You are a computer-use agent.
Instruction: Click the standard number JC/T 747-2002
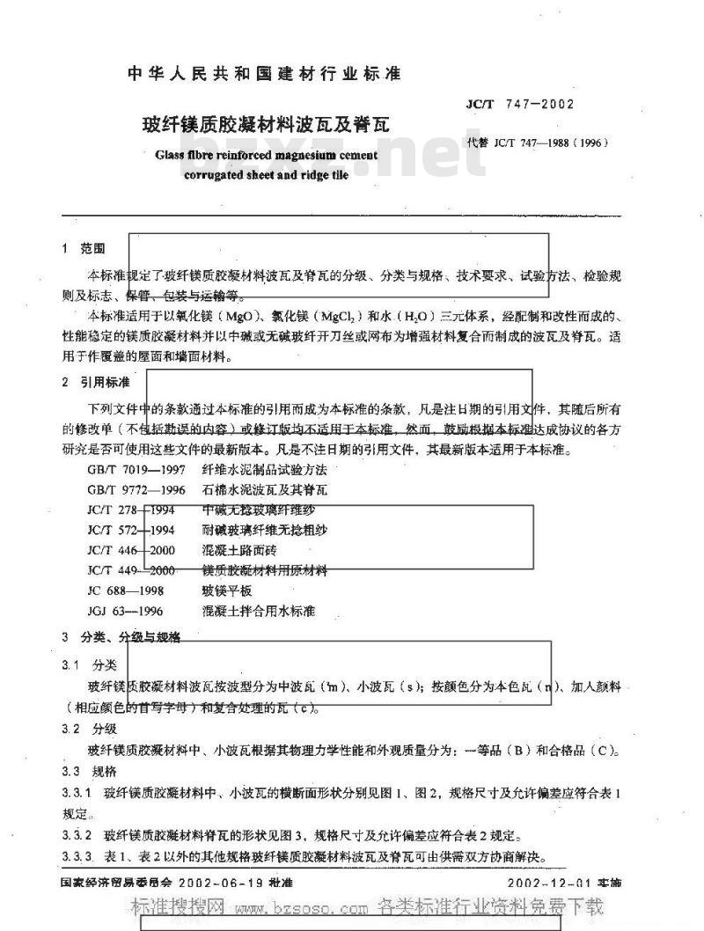click(x=519, y=104)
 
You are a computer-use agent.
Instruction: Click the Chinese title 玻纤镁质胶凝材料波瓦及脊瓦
click(x=262, y=125)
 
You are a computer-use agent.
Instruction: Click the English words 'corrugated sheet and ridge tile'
click(x=266, y=174)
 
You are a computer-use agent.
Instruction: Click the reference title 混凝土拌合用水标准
click(x=258, y=611)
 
